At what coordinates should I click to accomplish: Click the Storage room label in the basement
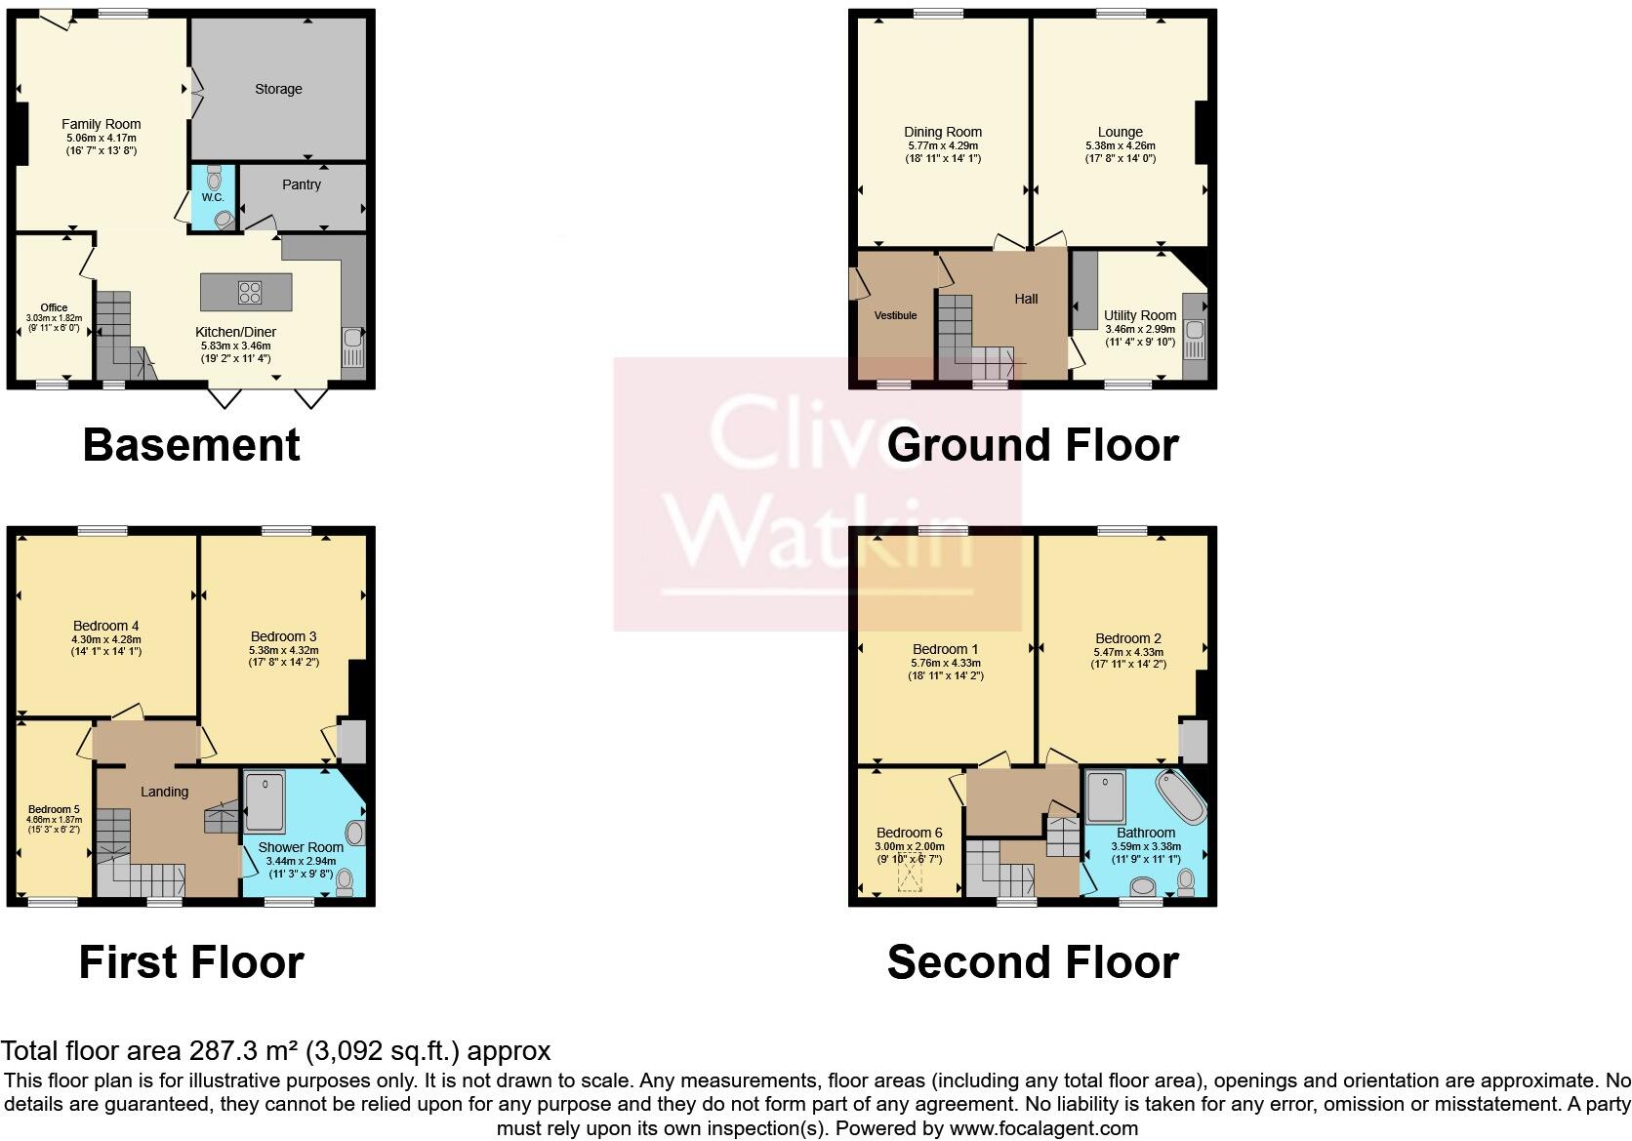(x=278, y=89)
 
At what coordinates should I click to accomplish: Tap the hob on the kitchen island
(x=249, y=292)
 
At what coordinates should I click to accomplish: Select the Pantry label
(x=302, y=184)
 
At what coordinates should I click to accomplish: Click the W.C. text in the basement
(x=213, y=198)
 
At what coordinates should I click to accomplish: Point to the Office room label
(x=54, y=307)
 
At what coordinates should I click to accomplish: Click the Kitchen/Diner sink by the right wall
(x=352, y=346)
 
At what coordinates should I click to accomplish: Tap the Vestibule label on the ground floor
(x=895, y=315)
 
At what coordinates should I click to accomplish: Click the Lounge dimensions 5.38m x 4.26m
(x=1120, y=146)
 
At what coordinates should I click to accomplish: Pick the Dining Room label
(x=943, y=132)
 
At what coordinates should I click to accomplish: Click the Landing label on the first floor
(x=164, y=792)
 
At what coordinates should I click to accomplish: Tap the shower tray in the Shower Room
(x=264, y=802)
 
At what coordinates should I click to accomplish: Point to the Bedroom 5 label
(x=54, y=809)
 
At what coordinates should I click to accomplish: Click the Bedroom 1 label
(x=945, y=649)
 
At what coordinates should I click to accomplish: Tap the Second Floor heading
(x=1032, y=962)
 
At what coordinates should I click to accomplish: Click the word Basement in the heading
(x=191, y=445)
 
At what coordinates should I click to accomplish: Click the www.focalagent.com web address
(x=1043, y=1128)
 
